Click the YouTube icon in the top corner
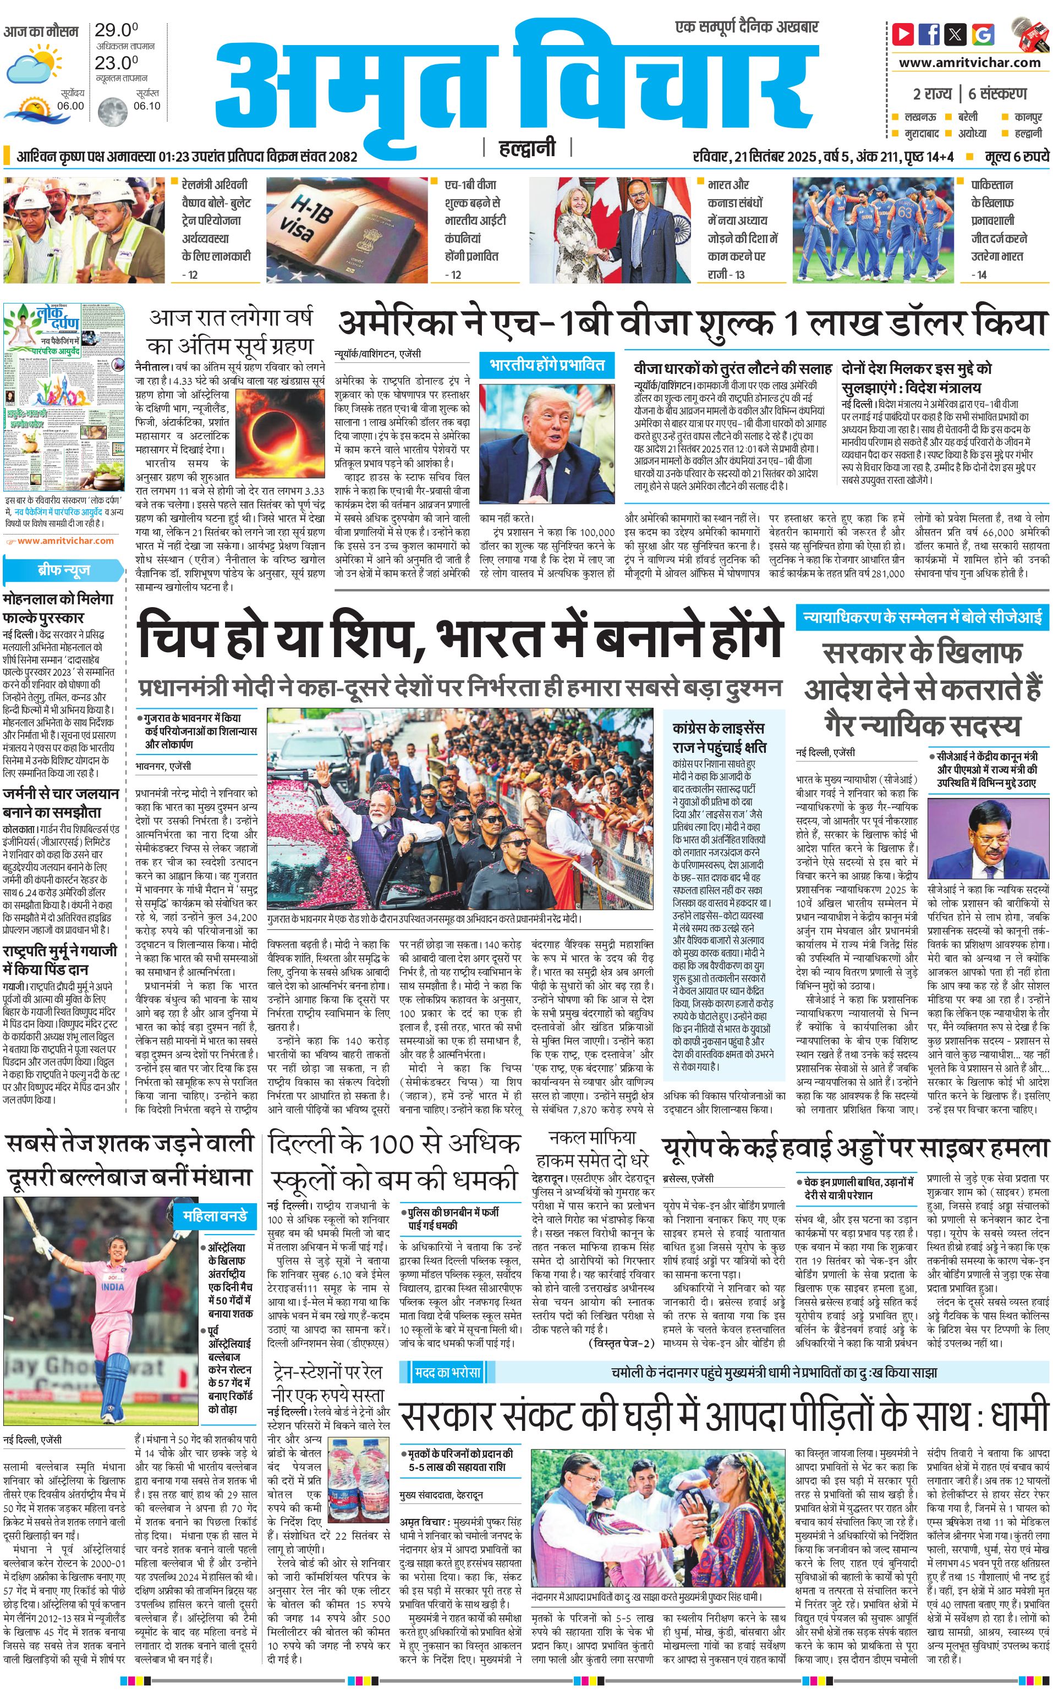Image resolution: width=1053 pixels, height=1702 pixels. coord(903,34)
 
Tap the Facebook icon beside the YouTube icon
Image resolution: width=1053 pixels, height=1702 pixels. coord(929,34)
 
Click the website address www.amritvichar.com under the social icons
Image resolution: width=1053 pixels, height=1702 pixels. coord(969,63)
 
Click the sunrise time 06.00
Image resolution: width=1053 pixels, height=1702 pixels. coord(70,106)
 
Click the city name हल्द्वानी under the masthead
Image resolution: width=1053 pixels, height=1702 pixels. coord(527,147)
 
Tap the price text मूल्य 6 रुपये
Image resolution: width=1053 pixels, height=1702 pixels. coord(1016,157)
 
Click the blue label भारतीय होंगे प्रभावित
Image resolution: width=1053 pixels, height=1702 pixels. coord(547,365)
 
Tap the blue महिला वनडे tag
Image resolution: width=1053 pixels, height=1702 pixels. coord(215,1216)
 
